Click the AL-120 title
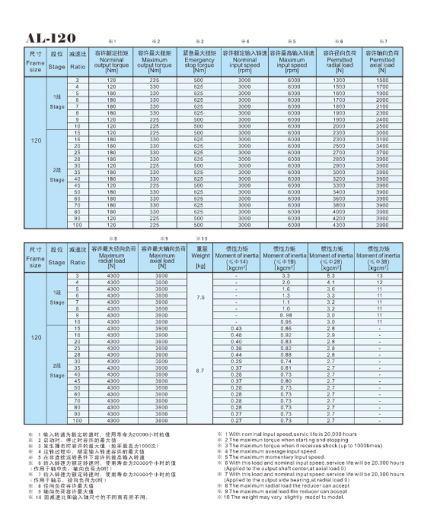point(50,38)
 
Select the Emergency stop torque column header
point(198,62)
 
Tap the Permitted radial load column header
point(340,62)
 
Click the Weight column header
point(200,258)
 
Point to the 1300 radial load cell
point(340,80)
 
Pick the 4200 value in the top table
point(340,218)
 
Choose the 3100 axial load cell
point(382,140)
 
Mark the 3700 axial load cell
point(382,153)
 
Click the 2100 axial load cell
point(382,106)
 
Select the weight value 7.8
point(200,298)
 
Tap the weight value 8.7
point(200,370)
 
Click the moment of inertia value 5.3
point(331,276)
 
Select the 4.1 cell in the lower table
point(331,282)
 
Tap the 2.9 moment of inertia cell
point(331,335)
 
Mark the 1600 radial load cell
point(340,93)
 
